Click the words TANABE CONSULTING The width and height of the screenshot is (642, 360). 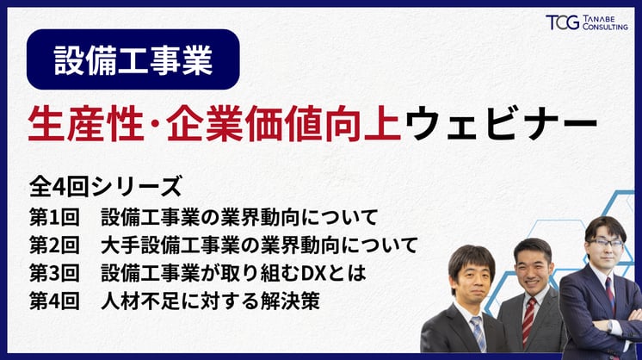(604, 23)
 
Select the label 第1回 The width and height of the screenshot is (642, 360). (53, 215)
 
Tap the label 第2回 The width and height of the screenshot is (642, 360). (53, 245)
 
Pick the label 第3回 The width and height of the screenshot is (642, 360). (53, 275)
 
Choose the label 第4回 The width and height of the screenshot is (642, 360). (53, 304)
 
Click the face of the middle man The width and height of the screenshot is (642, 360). (532, 269)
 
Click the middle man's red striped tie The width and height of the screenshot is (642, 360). (528, 320)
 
